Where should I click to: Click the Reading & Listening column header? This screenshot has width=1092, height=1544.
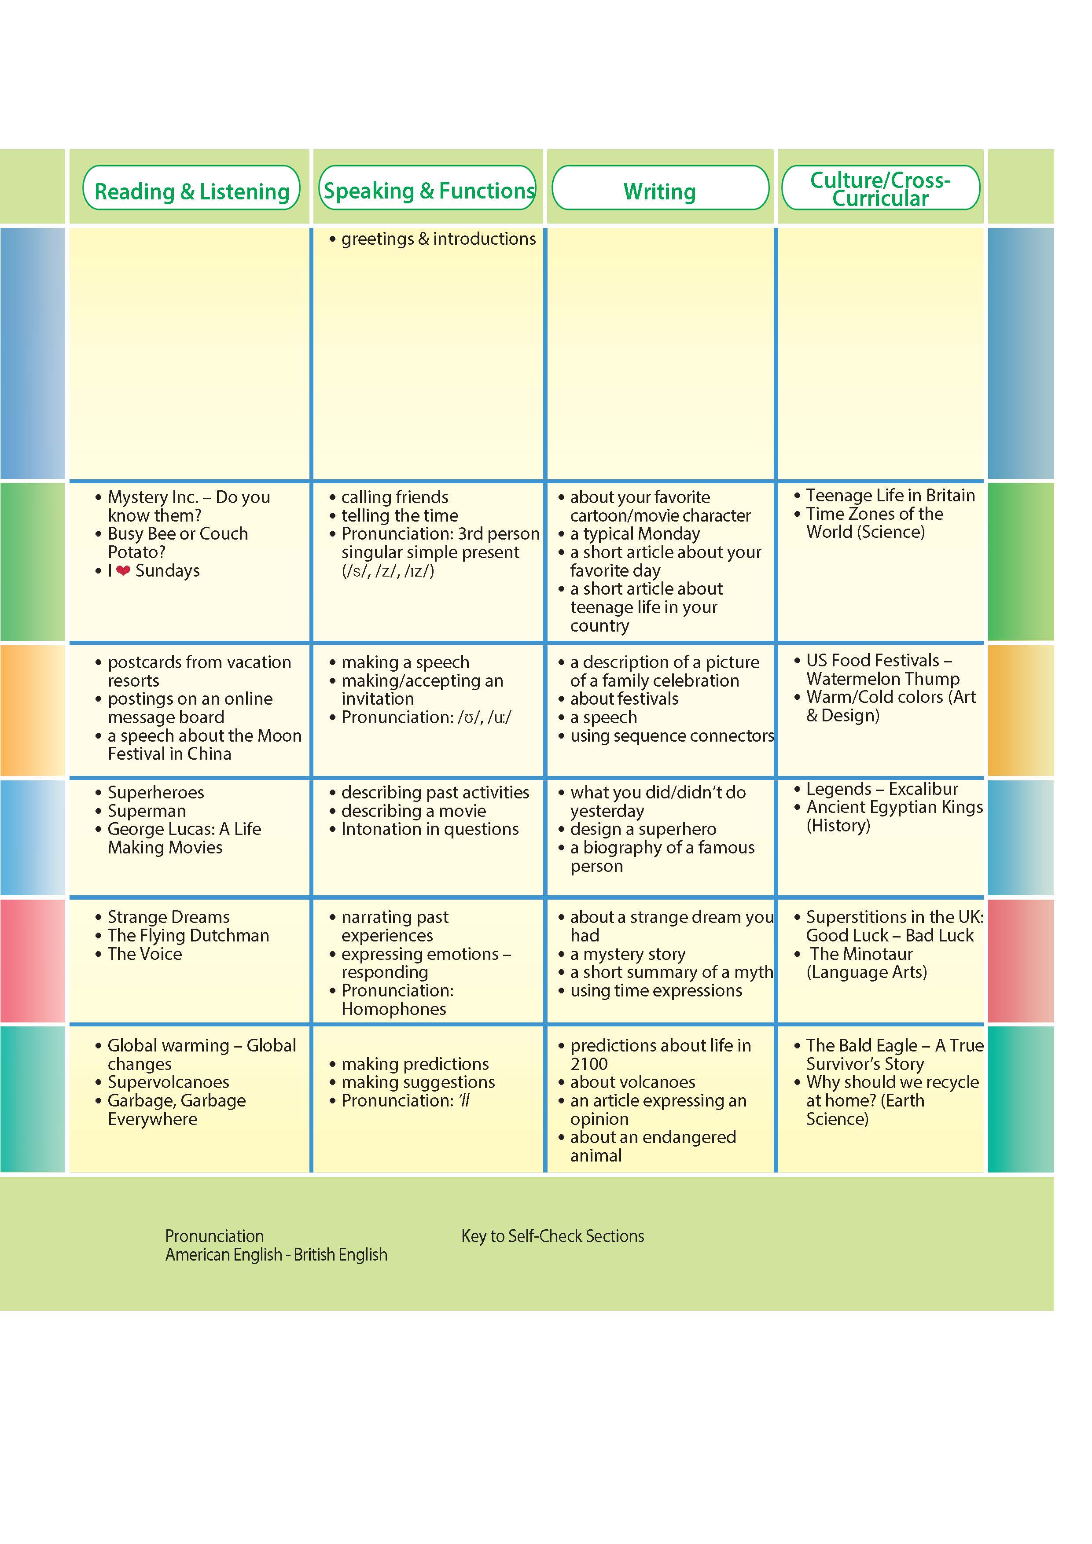coord(191,191)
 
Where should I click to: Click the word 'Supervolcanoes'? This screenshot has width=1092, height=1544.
coord(168,1082)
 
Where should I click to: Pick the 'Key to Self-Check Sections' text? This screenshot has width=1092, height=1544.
coord(552,1236)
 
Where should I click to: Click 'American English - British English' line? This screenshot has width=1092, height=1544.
coord(276,1255)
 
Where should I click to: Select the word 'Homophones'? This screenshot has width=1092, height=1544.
coord(393,1009)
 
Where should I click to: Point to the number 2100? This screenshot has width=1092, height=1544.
coord(588,1064)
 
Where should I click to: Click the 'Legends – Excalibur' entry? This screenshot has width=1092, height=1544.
coord(882,789)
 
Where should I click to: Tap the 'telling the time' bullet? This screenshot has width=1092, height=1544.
coord(399,516)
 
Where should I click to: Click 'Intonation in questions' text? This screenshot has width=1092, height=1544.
coord(430,829)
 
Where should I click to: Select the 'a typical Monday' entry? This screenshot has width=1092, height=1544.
coord(634,534)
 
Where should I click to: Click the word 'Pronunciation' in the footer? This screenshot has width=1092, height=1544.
coord(214,1236)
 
